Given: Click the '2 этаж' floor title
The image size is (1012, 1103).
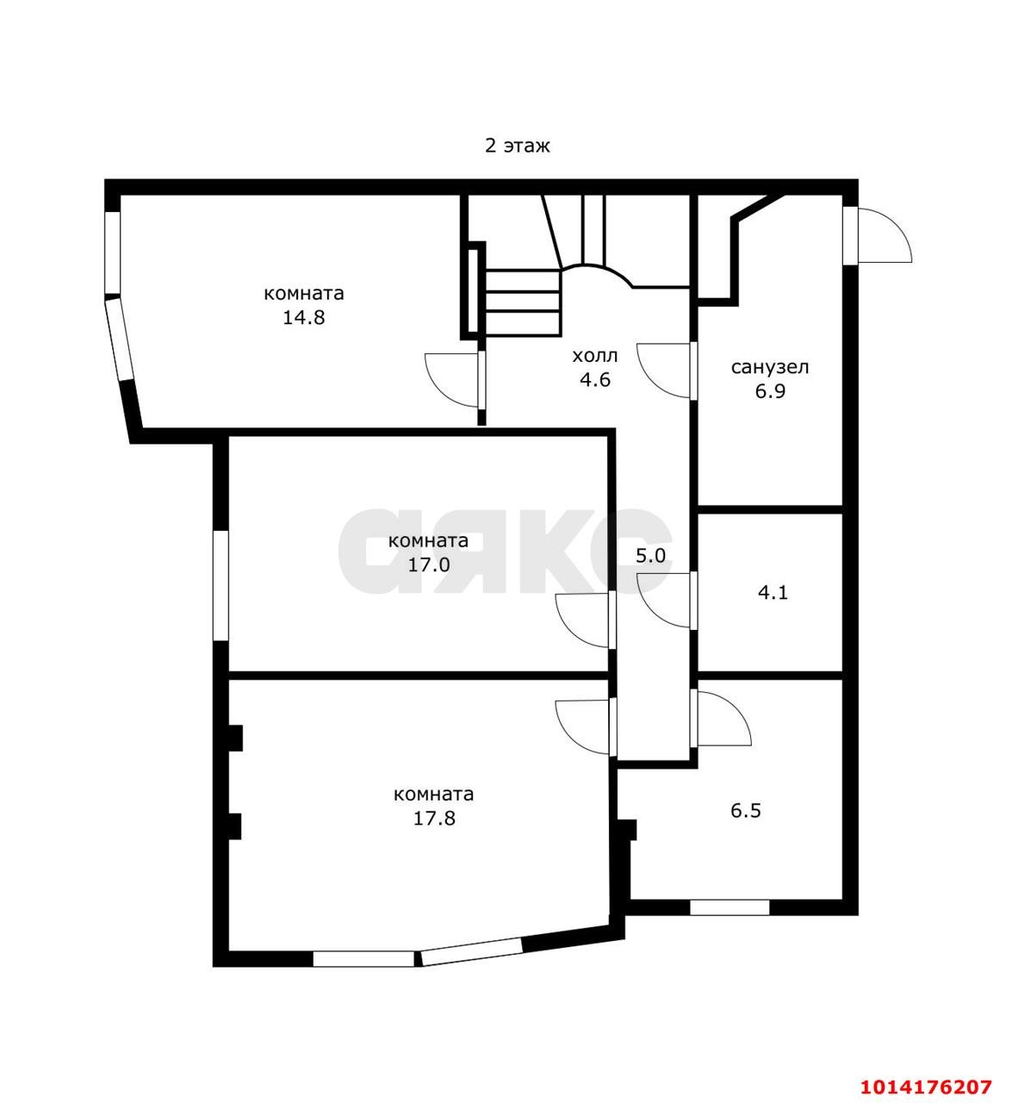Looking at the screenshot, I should click(517, 146).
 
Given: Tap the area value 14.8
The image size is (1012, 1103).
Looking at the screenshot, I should click(303, 317).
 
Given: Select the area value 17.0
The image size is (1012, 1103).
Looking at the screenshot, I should click(428, 565).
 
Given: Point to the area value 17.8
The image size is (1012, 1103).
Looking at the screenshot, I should click(433, 818).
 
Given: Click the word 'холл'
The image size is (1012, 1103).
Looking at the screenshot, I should click(594, 356).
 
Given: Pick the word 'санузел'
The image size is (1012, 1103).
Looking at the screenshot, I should click(770, 368).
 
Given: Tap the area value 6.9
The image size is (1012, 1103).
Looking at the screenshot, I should click(769, 391).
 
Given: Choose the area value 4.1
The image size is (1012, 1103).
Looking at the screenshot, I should click(772, 593).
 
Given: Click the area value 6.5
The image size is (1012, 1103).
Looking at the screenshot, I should click(745, 811).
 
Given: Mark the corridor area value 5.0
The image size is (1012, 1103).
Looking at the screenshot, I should click(650, 556).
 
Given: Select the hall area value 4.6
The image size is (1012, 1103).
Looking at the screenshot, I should click(594, 379).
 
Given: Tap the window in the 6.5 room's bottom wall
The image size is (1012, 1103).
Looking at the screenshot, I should click(730, 907).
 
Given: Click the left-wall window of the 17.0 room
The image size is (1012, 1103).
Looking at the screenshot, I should click(220, 585).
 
